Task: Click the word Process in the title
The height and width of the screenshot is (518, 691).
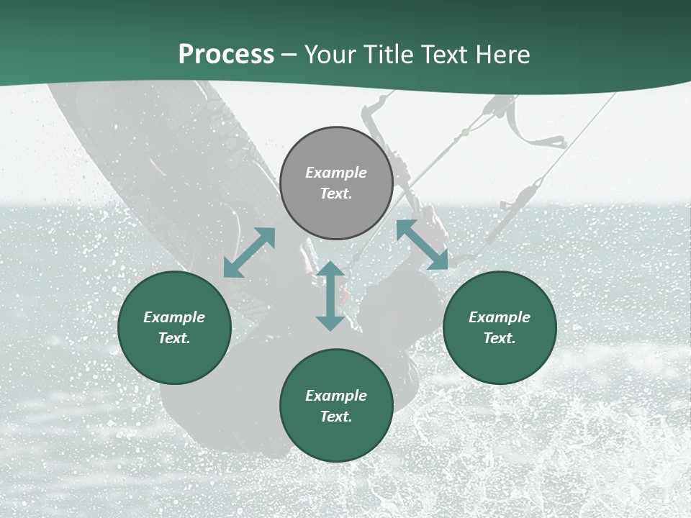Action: (x=226, y=55)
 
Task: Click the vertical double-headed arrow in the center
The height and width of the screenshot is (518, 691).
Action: (x=330, y=296)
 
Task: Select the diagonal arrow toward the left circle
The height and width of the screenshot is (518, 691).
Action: (x=249, y=253)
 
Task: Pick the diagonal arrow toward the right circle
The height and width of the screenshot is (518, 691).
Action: (x=423, y=245)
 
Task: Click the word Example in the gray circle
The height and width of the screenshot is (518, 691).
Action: (x=336, y=173)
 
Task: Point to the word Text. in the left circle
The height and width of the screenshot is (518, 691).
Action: (x=174, y=338)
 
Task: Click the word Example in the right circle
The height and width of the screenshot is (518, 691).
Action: (x=500, y=317)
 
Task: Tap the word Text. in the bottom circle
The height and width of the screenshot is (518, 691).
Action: (x=336, y=417)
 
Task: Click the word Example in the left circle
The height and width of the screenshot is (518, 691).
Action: (x=174, y=317)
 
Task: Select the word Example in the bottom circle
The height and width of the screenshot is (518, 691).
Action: (x=336, y=396)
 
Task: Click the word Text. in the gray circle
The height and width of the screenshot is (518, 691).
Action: (x=336, y=194)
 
